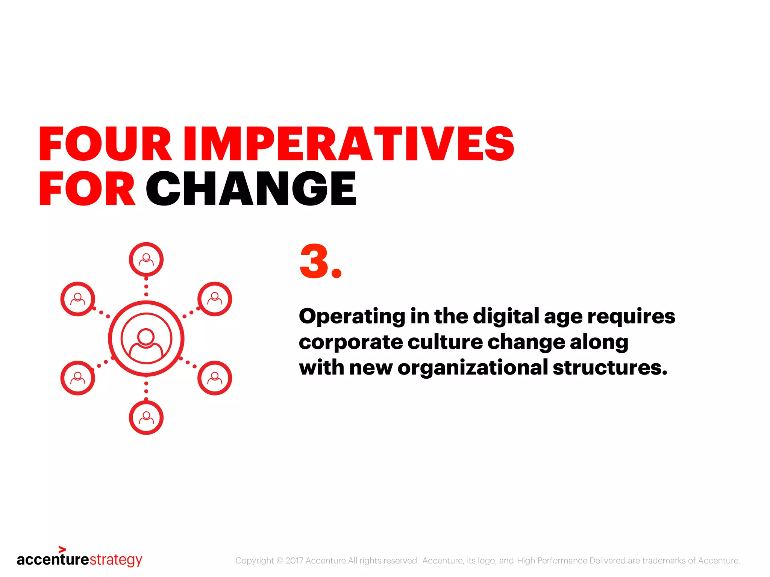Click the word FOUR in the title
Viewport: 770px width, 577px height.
[x=105, y=144]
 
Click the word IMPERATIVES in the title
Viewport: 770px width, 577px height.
[x=348, y=144]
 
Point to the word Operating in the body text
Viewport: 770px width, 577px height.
[x=352, y=316]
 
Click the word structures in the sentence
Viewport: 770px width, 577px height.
[x=609, y=367]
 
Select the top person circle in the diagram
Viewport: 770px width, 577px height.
[x=146, y=260]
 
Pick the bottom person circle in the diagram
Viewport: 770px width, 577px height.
[x=146, y=418]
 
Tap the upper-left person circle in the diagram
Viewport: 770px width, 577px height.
[x=78, y=299]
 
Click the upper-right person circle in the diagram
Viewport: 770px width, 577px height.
[x=215, y=299]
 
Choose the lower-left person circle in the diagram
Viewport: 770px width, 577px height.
[x=78, y=378]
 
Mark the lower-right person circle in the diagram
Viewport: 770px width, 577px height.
[x=215, y=378]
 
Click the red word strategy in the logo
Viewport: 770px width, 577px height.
[x=116, y=560]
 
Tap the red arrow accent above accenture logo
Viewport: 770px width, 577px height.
[x=62, y=550]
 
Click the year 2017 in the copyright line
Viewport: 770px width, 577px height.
[x=294, y=560]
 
